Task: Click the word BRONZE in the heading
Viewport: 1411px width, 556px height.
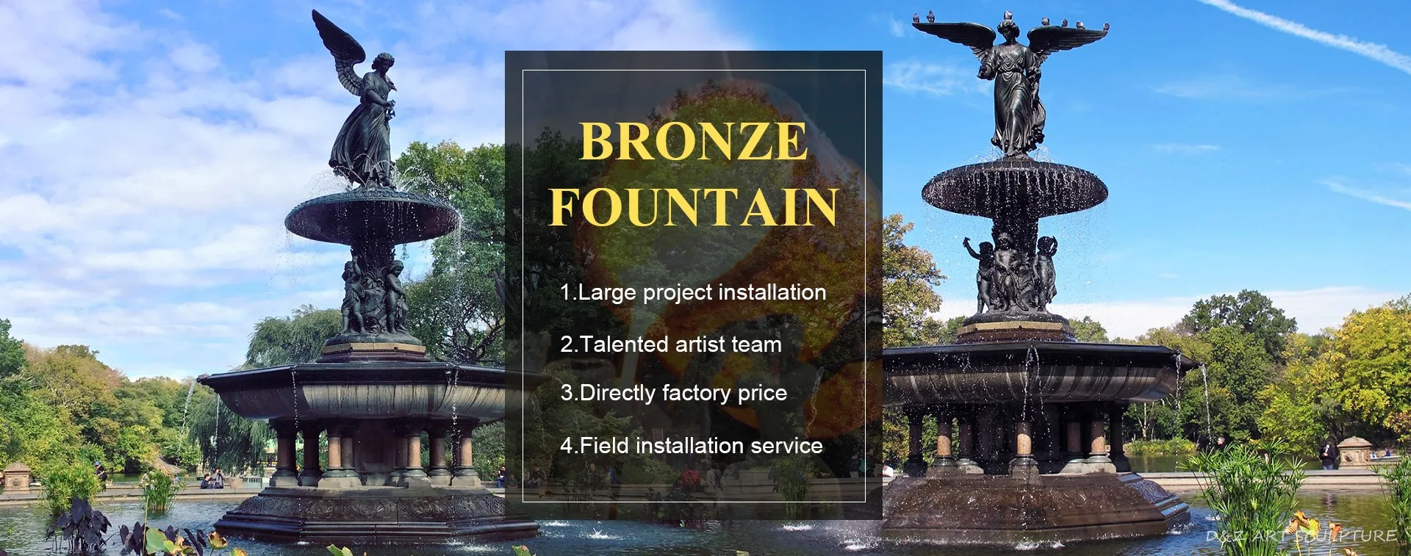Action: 694,142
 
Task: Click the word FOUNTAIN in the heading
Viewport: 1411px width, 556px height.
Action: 694,206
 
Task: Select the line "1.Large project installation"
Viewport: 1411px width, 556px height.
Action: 693,292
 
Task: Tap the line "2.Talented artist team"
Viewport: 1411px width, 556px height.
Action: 671,344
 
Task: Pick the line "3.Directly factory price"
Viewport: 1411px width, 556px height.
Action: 674,394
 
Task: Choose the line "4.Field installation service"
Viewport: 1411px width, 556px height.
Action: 692,445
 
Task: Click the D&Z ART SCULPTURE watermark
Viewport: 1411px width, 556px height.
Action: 1302,536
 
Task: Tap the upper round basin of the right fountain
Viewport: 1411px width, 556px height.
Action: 1014,187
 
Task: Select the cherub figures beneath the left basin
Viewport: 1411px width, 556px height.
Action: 374,294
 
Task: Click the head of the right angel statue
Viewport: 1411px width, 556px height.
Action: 1006,29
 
